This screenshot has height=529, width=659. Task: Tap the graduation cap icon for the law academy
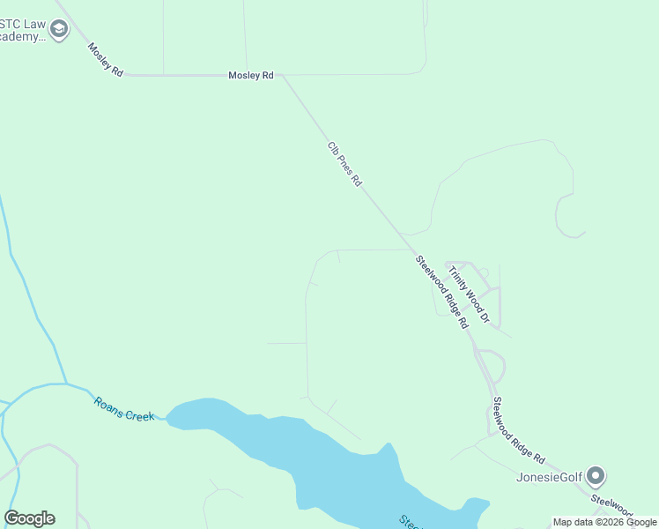coord(59,30)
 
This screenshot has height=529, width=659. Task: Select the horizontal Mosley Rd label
coord(251,76)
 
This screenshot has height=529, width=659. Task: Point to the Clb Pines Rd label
coord(344,164)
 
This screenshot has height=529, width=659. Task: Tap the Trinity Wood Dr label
coord(469,294)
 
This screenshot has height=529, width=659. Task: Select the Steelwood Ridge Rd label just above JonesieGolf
coord(519,431)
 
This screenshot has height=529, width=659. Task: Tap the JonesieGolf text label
coord(549,478)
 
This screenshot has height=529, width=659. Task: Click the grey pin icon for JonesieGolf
coord(596,477)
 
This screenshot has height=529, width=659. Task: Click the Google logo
coord(29,518)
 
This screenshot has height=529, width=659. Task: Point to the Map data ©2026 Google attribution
coord(604,522)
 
